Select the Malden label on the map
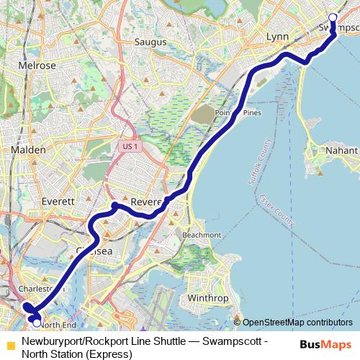29,150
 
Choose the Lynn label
276,36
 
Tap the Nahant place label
341,150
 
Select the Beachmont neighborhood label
202,235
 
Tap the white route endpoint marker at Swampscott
332,17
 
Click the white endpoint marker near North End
37,323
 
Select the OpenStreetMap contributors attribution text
297,323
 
